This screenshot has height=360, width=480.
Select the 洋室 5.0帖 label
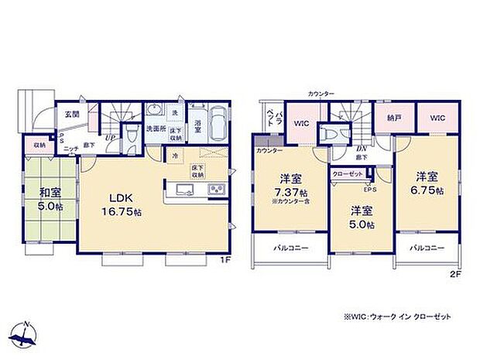pos(361,217)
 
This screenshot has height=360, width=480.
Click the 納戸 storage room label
pos(393,118)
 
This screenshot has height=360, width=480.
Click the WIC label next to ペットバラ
pos(301,122)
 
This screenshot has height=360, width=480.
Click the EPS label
pos(369,189)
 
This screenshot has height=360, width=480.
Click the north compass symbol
pos(25,334)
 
